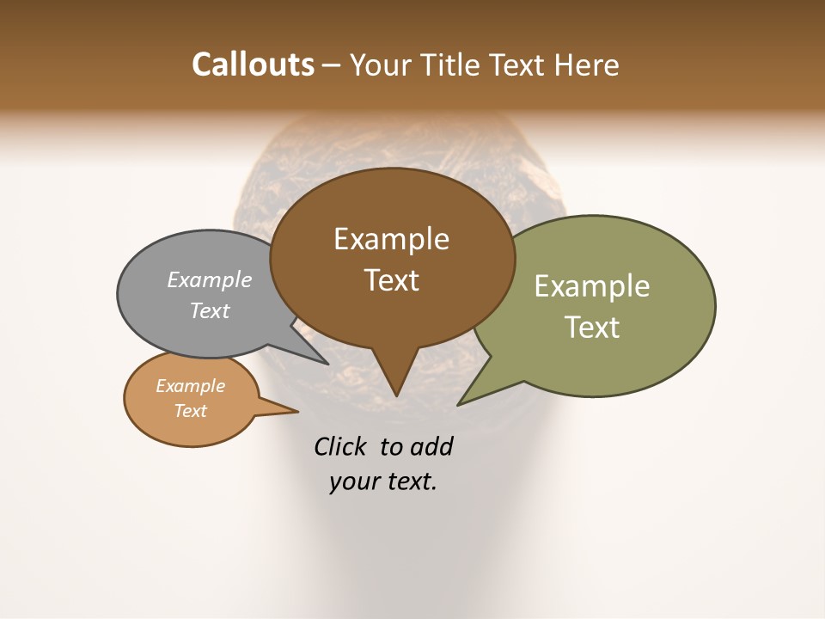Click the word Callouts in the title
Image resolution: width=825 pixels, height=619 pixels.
(x=253, y=64)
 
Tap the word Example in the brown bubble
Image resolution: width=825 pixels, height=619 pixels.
(x=391, y=239)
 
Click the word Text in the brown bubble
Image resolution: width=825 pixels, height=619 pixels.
(x=391, y=279)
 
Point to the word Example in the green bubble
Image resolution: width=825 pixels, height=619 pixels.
(x=591, y=286)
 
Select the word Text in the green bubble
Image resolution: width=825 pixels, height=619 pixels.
(x=591, y=327)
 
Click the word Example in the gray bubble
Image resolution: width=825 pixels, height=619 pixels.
(x=210, y=279)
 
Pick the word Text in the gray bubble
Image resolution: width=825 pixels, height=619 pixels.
(x=210, y=310)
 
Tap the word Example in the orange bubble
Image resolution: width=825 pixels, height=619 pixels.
(x=190, y=386)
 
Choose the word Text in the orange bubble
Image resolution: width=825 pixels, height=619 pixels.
(x=190, y=411)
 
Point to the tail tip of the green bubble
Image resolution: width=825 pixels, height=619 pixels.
(x=461, y=401)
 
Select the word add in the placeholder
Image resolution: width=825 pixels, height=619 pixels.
(x=431, y=446)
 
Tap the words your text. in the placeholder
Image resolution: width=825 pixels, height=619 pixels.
(x=383, y=481)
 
